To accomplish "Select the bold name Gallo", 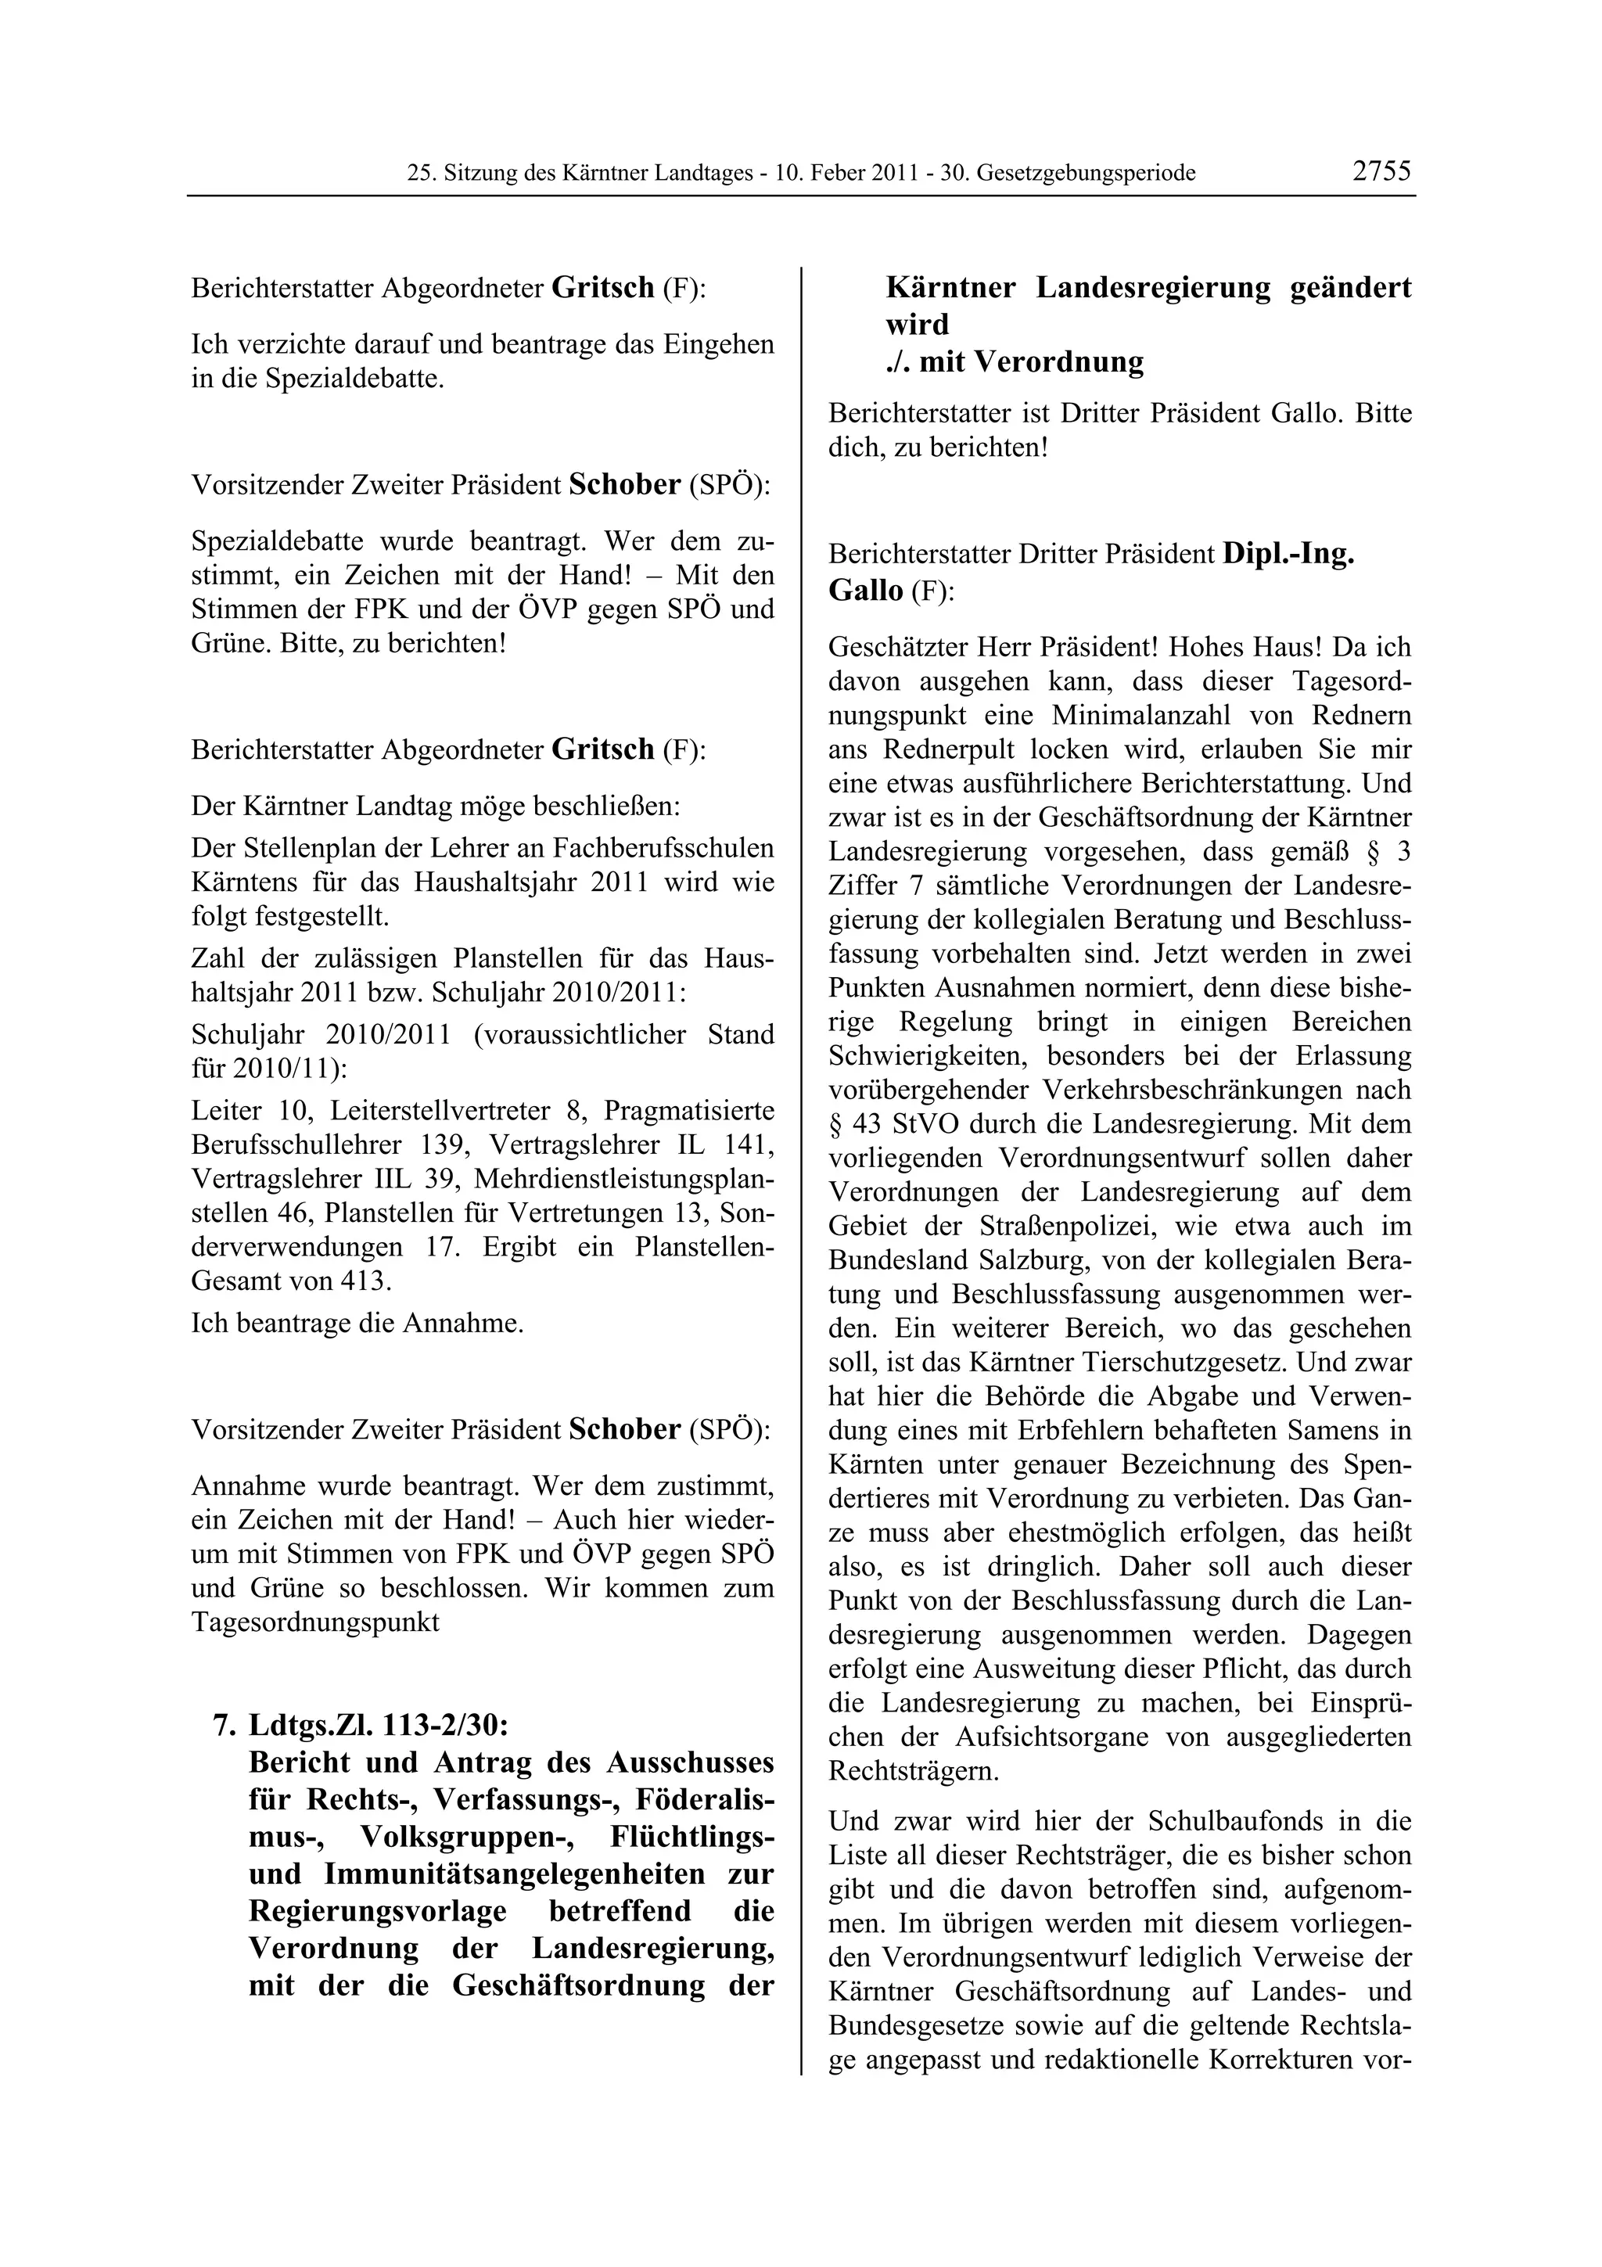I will click(x=866, y=591).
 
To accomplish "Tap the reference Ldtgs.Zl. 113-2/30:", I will click(x=379, y=1725).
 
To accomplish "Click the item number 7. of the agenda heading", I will click(x=223, y=1725).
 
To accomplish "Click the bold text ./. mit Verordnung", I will click(x=1015, y=361).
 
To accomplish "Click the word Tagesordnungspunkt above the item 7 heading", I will click(x=315, y=1622).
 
